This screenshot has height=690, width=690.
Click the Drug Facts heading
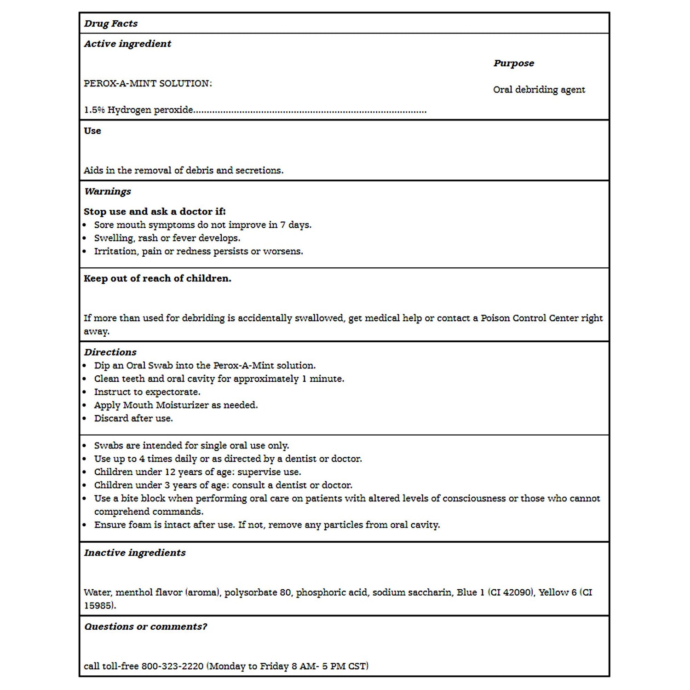coord(110,23)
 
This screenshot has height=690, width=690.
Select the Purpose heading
coord(513,63)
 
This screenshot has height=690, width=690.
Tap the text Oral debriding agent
coord(539,89)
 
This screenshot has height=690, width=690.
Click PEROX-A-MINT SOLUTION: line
coord(148,83)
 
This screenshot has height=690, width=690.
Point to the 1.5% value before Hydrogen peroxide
coord(94,110)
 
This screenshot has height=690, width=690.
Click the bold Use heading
coord(92,131)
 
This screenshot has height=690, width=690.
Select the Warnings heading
coord(107,191)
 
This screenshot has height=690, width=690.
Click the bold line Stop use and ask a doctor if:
coord(155,212)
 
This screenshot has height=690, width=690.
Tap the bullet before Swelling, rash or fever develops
coord(85,238)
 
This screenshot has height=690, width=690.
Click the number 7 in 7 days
coord(283,225)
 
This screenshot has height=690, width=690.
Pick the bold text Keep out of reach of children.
coord(157,278)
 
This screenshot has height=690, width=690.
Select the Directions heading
coord(110,352)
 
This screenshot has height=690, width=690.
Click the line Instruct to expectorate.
coord(147,392)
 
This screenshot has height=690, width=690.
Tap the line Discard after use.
coord(133,418)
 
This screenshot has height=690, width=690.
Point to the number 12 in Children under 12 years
coord(170,472)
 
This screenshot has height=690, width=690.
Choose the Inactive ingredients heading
coord(135,553)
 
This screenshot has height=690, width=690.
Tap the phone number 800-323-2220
coord(172,666)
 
